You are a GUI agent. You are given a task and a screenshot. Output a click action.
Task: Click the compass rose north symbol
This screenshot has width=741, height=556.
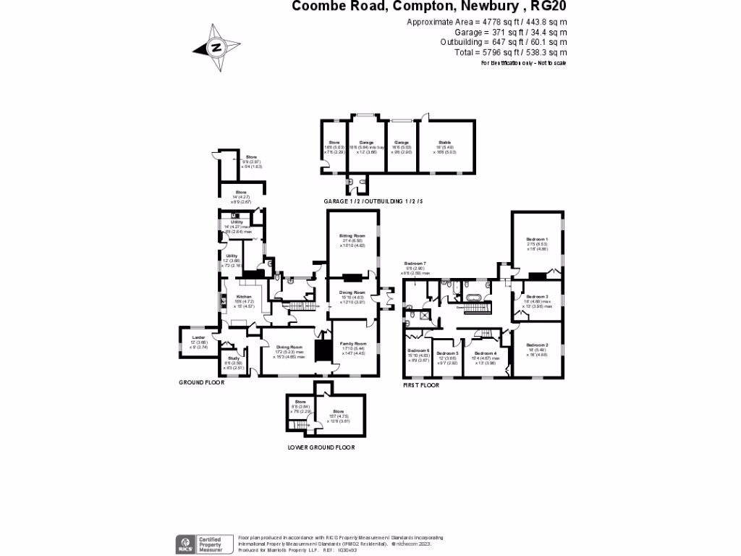click(x=216, y=49)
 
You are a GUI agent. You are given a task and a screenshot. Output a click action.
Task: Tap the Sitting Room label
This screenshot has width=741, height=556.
click(x=352, y=236)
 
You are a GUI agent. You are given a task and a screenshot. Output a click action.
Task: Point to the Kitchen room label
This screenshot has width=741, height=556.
click(x=244, y=297)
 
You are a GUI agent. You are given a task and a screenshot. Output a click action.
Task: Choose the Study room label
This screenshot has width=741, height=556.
click(x=233, y=358)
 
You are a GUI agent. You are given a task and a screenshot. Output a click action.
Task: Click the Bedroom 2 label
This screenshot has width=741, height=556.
click(x=537, y=345)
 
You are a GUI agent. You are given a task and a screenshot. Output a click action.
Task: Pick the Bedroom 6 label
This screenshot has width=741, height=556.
click(x=418, y=350)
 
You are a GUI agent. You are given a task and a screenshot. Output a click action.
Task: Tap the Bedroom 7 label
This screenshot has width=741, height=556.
click(x=415, y=263)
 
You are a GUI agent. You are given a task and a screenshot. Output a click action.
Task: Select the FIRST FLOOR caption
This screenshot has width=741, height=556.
click(x=421, y=386)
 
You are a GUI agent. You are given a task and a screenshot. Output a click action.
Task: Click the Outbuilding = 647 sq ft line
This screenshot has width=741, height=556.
click(x=503, y=42)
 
